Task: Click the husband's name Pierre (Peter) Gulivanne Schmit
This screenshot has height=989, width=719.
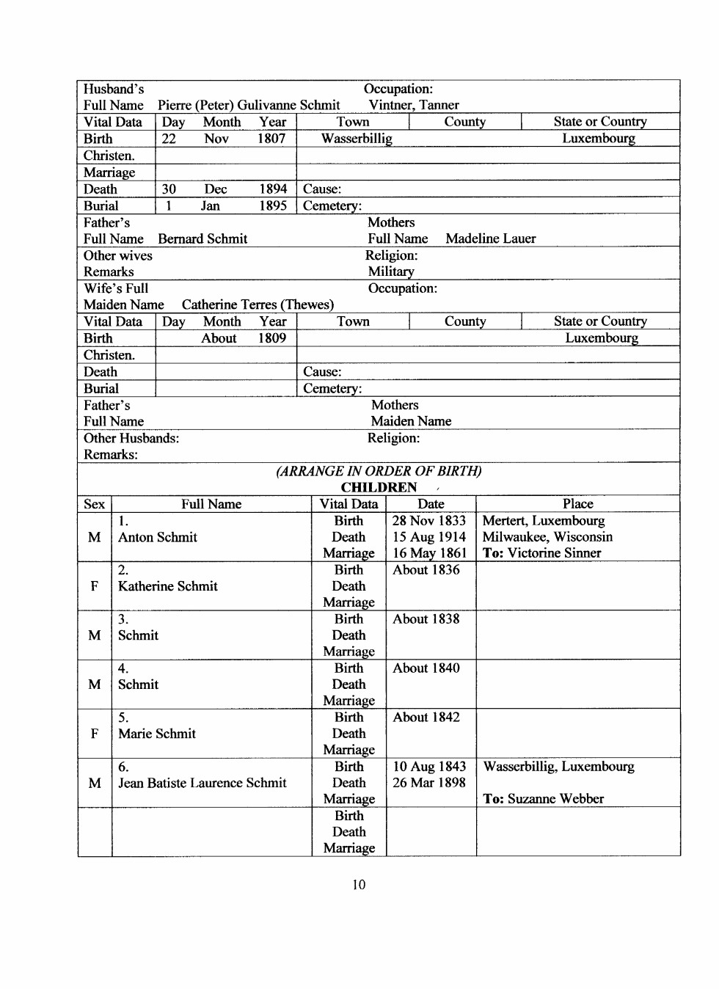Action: point(249,105)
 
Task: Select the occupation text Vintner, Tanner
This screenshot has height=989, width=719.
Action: point(414,105)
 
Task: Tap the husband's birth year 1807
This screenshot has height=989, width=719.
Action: point(271,139)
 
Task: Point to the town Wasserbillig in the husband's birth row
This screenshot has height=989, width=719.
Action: point(357,139)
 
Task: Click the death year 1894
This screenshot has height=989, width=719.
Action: point(273,189)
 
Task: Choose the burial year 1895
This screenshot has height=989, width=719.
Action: point(273,205)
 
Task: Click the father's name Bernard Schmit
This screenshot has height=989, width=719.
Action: point(202,238)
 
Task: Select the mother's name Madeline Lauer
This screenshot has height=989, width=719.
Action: point(491,238)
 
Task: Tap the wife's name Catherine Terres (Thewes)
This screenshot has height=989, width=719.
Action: point(258,304)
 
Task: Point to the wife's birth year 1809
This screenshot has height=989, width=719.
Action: point(272,338)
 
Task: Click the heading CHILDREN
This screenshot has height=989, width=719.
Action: point(379,487)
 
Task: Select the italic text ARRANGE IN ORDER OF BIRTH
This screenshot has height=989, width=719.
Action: point(379,471)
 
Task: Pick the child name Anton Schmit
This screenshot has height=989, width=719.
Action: point(158,537)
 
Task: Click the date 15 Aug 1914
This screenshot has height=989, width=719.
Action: point(429,537)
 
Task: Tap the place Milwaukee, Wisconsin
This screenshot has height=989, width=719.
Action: point(547,537)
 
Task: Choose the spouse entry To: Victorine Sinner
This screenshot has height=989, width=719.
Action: point(542,553)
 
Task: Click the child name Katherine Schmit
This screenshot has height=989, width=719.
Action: point(168,586)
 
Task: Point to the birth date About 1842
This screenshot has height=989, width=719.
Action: point(426,717)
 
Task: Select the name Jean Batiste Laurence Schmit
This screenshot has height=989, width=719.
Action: point(202,783)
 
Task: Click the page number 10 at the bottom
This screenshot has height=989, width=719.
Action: point(359,885)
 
